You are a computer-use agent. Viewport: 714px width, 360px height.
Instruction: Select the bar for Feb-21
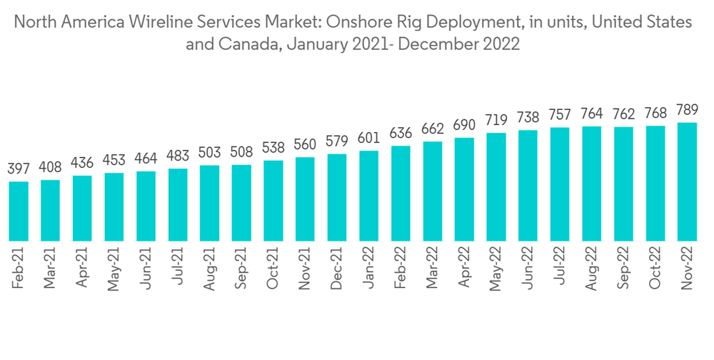tap(19, 211)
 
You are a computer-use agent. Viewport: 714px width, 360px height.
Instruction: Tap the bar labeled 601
tap(369, 196)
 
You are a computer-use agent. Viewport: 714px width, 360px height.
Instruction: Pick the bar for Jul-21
tap(178, 205)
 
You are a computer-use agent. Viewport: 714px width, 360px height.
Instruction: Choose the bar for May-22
tap(496, 187)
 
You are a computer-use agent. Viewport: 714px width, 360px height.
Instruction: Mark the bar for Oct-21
tap(273, 201)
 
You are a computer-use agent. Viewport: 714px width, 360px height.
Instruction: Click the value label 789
tap(687, 111)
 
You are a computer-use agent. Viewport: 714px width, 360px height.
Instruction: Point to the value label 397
tap(19, 169)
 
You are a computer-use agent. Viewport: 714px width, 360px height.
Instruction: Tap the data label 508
tap(241, 153)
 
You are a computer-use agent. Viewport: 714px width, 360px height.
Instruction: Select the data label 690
tap(464, 126)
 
